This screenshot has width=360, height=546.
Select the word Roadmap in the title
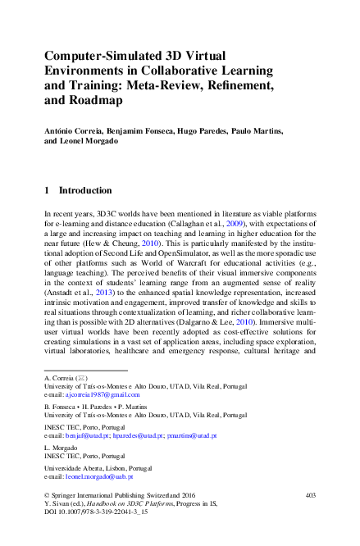(x=95, y=101)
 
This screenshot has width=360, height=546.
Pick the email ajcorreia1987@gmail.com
(x=103, y=394)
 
